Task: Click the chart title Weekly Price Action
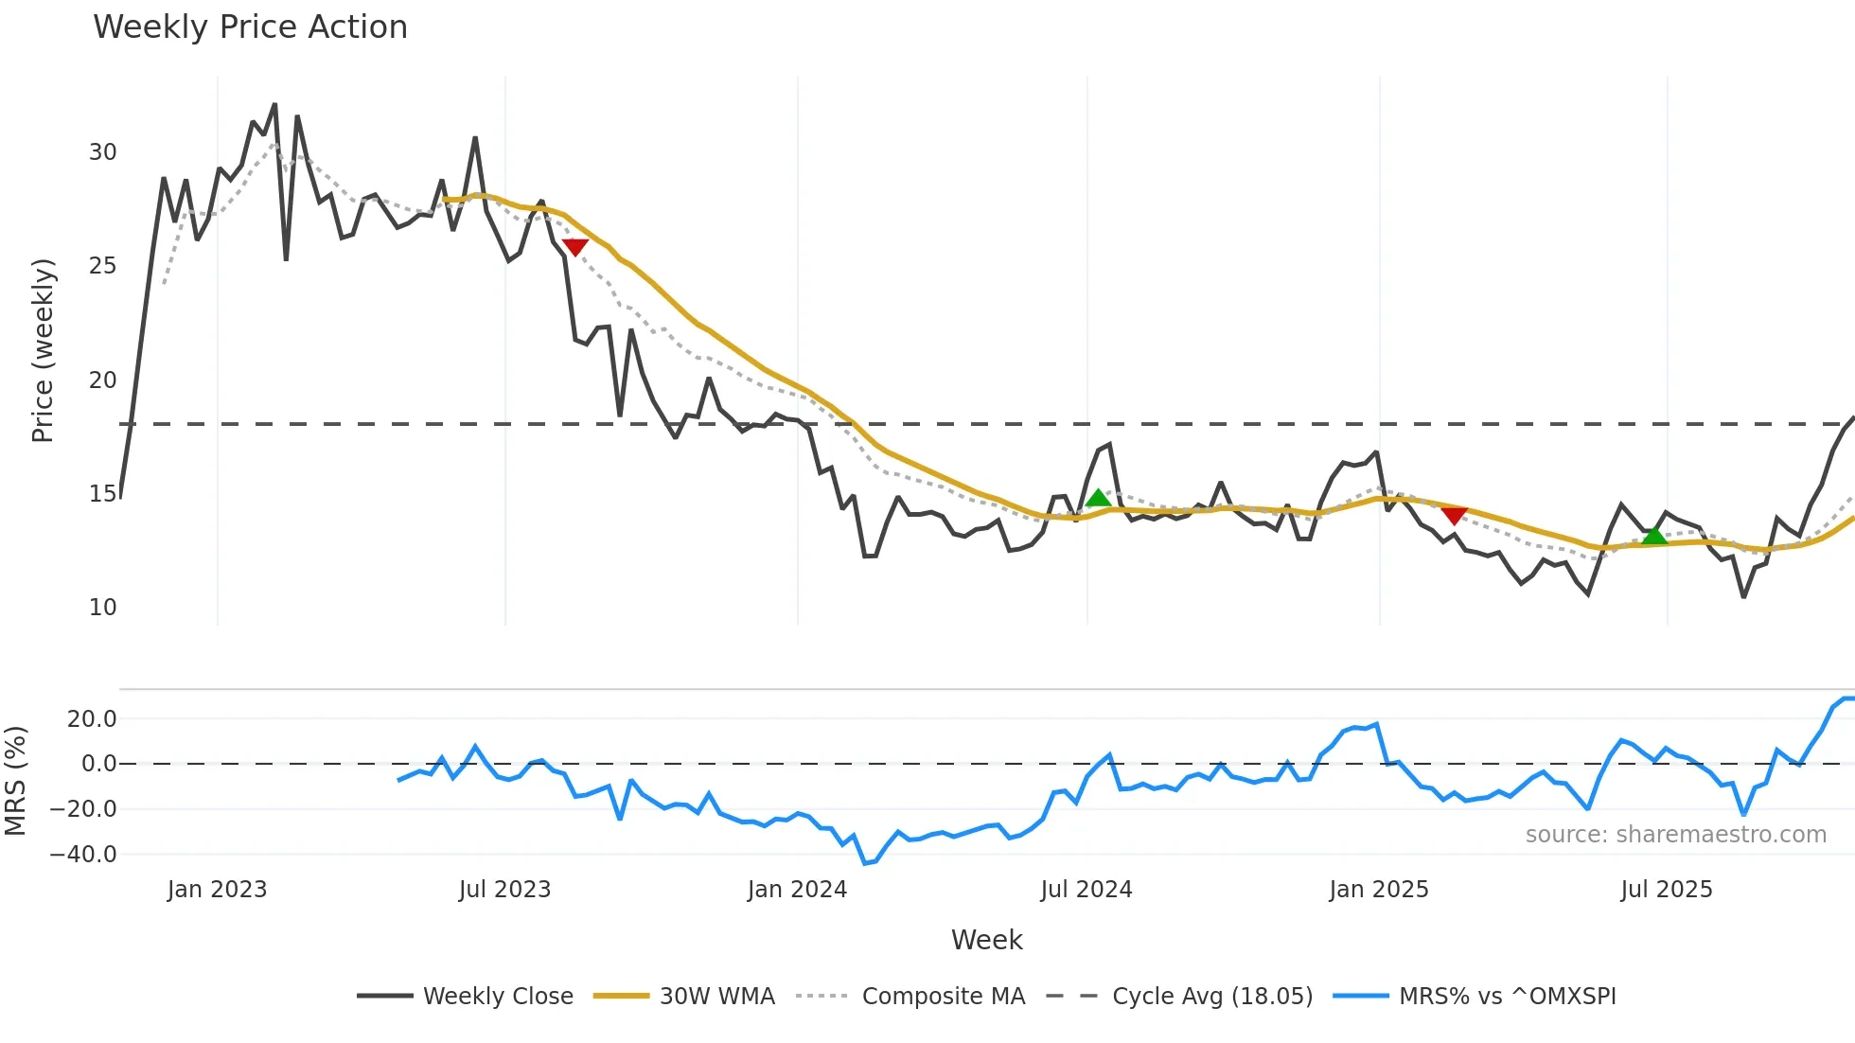[x=250, y=27]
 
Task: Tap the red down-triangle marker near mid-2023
[x=574, y=247]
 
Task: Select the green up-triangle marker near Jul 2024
[x=1097, y=498]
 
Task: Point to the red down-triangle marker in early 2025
[x=1454, y=515]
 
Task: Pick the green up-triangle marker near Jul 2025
[x=1653, y=536]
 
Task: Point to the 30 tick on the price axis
[x=103, y=152]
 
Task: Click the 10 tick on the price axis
[x=103, y=608]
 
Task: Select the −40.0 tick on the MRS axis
[x=83, y=855]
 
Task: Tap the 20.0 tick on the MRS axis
[x=92, y=719]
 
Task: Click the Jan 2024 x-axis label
[x=797, y=890]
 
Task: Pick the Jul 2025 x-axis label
[x=1667, y=890]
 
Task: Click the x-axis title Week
[x=986, y=940]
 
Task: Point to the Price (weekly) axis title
[x=43, y=350]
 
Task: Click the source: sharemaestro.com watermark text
[x=1675, y=835]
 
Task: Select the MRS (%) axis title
[x=15, y=781]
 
